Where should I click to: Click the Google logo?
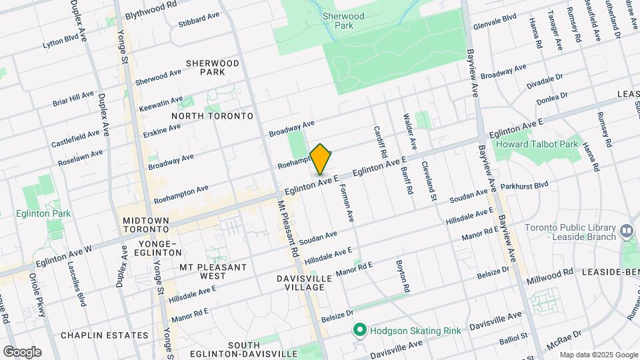[x=22, y=352]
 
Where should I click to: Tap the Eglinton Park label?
[x=44, y=213]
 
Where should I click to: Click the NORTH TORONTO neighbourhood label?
[x=212, y=116]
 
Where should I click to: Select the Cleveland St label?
[x=428, y=181]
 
